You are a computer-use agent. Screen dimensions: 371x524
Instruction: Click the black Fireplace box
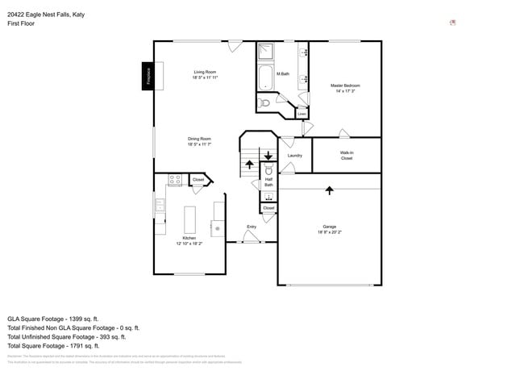pyautogui.click(x=148, y=77)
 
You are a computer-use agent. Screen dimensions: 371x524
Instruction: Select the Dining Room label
pyautogui.click(x=199, y=141)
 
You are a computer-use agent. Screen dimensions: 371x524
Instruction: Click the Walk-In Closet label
pyautogui.click(x=347, y=155)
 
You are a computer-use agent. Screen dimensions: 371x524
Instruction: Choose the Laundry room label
pyautogui.click(x=294, y=155)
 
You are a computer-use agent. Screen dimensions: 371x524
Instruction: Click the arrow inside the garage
pyautogui.click(x=329, y=190)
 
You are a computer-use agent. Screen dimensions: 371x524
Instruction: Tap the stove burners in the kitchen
pyautogui.click(x=174, y=180)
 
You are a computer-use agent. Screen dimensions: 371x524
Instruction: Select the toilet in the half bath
pyautogui.click(x=268, y=171)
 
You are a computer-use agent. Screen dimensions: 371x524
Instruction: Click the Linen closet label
pyautogui.click(x=301, y=114)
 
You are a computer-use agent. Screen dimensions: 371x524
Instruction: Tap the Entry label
pyautogui.click(x=252, y=227)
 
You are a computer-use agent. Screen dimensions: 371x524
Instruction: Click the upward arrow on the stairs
pyautogui.click(x=249, y=165)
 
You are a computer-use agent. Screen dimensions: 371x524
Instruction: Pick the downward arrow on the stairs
pyautogui.click(x=268, y=154)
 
